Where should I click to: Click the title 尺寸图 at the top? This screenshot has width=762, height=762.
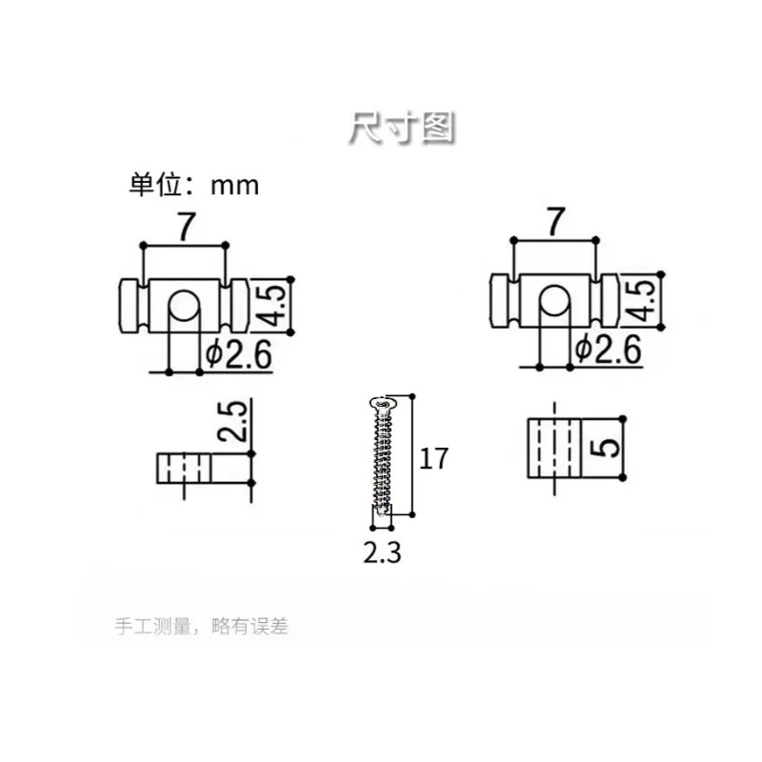(x=401, y=129)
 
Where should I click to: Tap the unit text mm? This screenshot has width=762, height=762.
(x=234, y=186)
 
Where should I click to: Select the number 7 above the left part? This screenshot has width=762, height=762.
(x=186, y=227)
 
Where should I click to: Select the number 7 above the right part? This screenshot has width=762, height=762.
(x=556, y=222)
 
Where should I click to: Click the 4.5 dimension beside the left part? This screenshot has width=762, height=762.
(x=271, y=306)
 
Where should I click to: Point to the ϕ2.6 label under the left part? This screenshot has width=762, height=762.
(x=237, y=354)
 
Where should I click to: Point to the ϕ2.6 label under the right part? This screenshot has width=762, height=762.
(x=608, y=349)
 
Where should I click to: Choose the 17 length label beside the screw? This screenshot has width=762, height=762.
(x=433, y=459)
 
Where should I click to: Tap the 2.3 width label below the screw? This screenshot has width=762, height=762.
(x=383, y=553)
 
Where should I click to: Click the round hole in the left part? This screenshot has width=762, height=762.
(x=184, y=305)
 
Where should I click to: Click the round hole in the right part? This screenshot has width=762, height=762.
(x=554, y=300)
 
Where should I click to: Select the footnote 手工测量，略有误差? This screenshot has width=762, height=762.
(x=202, y=626)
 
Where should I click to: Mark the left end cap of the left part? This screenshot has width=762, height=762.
(x=129, y=306)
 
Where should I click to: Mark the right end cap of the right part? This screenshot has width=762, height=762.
(x=610, y=300)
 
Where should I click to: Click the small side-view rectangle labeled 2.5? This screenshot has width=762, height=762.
(x=184, y=469)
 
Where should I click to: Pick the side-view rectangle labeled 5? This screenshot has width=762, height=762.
(x=554, y=448)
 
